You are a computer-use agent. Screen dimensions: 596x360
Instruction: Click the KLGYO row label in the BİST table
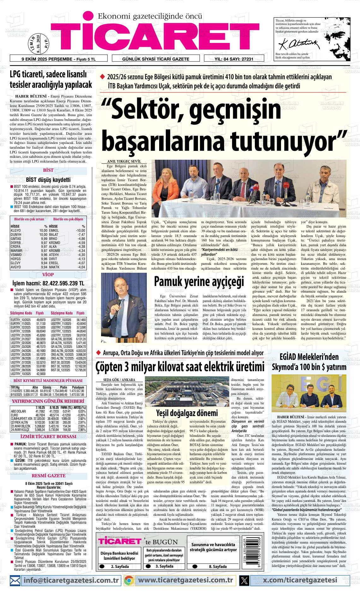(x=15, y=230)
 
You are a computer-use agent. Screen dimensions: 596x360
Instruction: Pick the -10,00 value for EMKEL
(x=80, y=230)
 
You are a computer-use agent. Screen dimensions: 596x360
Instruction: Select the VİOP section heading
(x=48, y=275)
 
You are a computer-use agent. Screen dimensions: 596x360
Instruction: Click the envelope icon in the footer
(x=15, y=580)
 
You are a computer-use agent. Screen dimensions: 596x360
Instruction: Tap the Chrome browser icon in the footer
(x=129, y=580)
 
